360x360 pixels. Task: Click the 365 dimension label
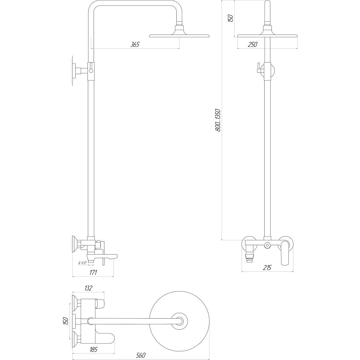(x=135, y=44)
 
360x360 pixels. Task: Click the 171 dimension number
(x=93, y=272)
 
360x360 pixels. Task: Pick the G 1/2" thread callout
(x=82, y=263)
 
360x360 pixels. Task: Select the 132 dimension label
(x=89, y=288)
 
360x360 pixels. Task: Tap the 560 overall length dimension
(x=141, y=356)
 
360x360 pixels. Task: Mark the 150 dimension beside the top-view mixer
(x=65, y=321)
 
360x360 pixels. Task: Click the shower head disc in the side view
(x=179, y=36)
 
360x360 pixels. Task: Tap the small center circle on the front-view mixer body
(x=267, y=246)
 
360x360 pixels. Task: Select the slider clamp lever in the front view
(x=258, y=68)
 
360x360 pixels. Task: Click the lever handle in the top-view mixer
(x=104, y=338)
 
